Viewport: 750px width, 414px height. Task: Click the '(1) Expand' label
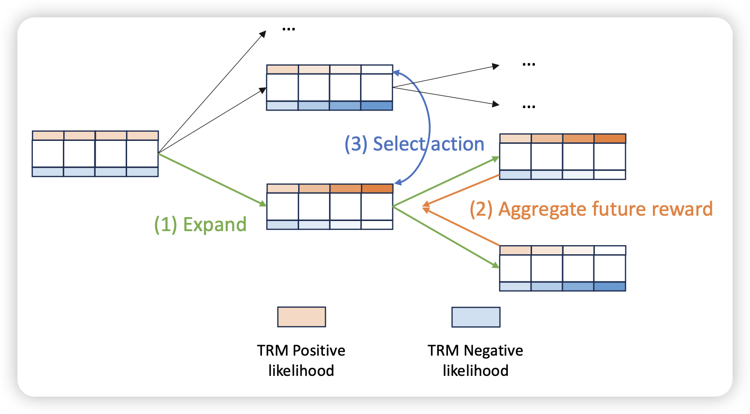coord(200,225)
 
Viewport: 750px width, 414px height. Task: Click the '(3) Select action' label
coord(414,144)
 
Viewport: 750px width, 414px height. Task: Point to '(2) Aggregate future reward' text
coord(591,209)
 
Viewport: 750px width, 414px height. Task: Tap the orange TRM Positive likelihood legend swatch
coord(302,317)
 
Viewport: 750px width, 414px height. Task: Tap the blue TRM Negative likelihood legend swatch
coord(476,317)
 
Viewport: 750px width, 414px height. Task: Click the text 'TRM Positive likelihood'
coord(301,360)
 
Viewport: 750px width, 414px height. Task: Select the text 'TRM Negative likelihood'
coord(476,360)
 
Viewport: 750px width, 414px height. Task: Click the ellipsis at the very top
coord(288,29)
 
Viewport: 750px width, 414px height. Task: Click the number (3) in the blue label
coord(356,144)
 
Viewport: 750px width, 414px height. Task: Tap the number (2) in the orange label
coord(481,209)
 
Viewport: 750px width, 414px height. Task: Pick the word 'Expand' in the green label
coord(215,225)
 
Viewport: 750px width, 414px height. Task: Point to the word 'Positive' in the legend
coord(319,350)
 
